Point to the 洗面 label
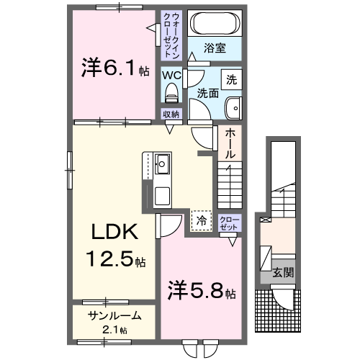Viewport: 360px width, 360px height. [208, 93]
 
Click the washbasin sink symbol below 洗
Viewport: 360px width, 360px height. [233, 109]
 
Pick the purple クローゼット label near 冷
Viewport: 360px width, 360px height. [228, 222]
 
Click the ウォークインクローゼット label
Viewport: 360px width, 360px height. [173, 34]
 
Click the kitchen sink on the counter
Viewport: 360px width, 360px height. [161, 164]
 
